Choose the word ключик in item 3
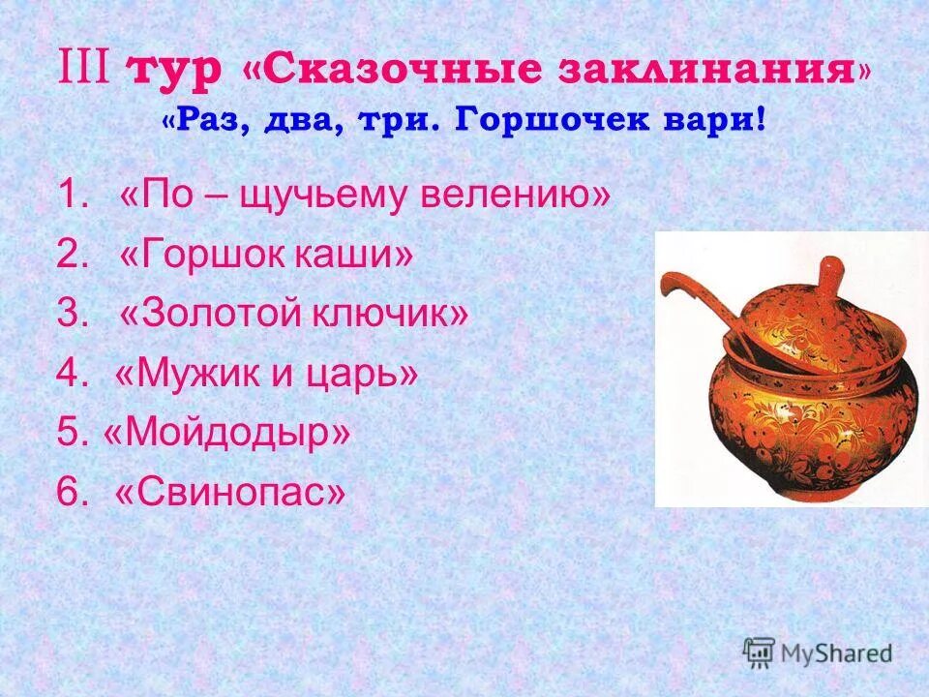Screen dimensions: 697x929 point(392,315)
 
